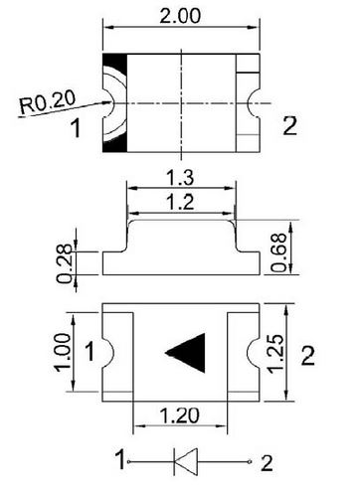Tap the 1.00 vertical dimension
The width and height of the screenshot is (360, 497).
point(62,353)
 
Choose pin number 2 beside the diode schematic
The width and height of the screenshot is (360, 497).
point(266,461)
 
